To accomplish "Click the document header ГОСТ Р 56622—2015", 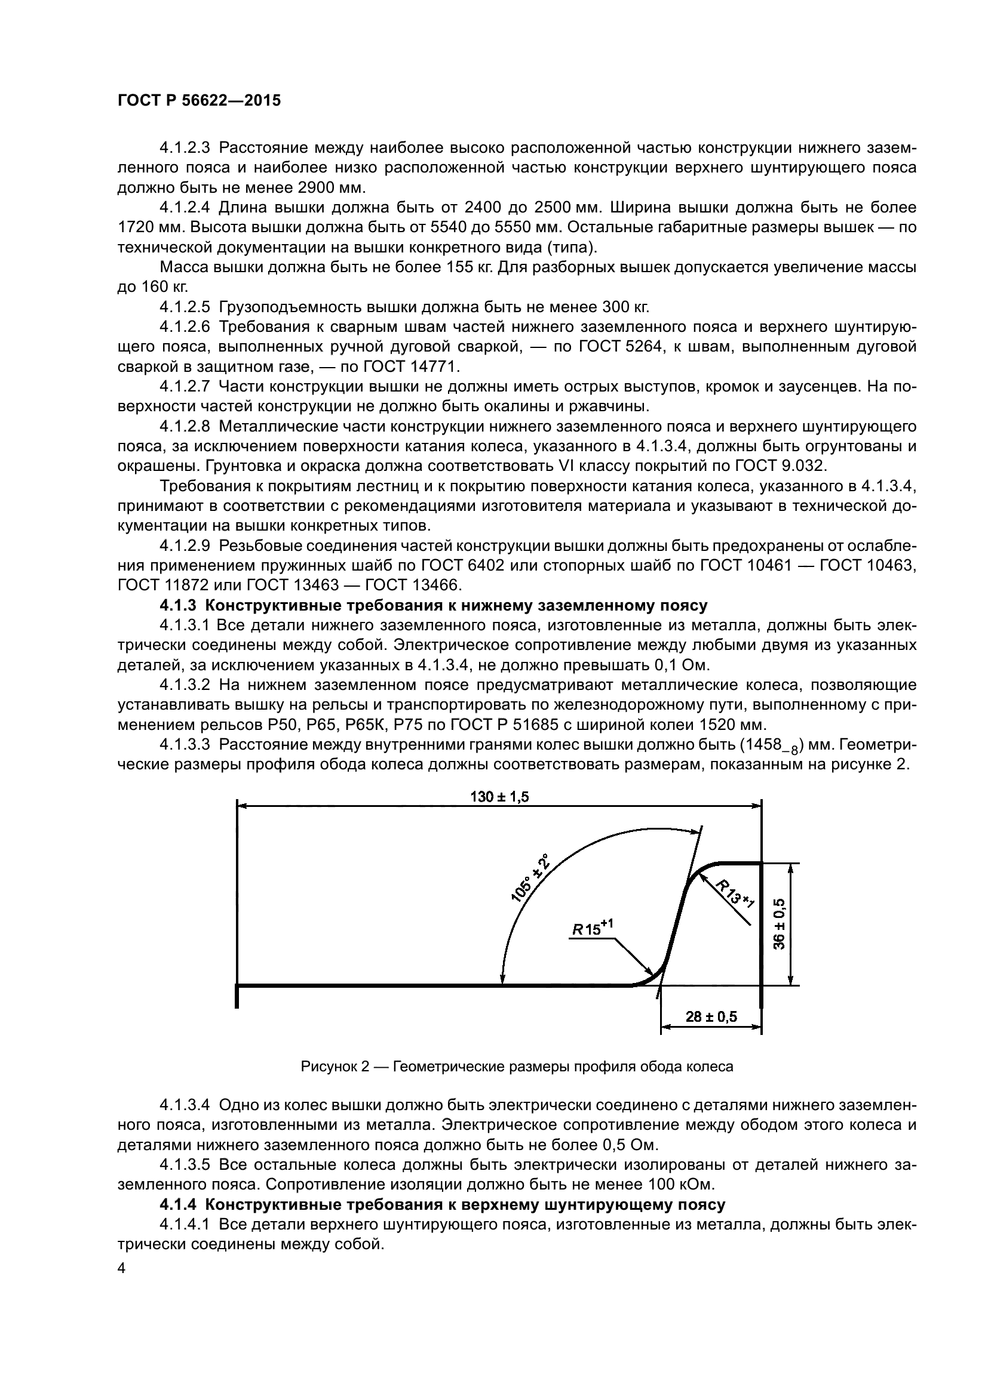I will (199, 101).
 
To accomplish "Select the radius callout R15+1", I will (592, 929).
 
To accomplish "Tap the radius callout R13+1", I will (734, 892).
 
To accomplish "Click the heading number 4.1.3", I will (179, 606).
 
